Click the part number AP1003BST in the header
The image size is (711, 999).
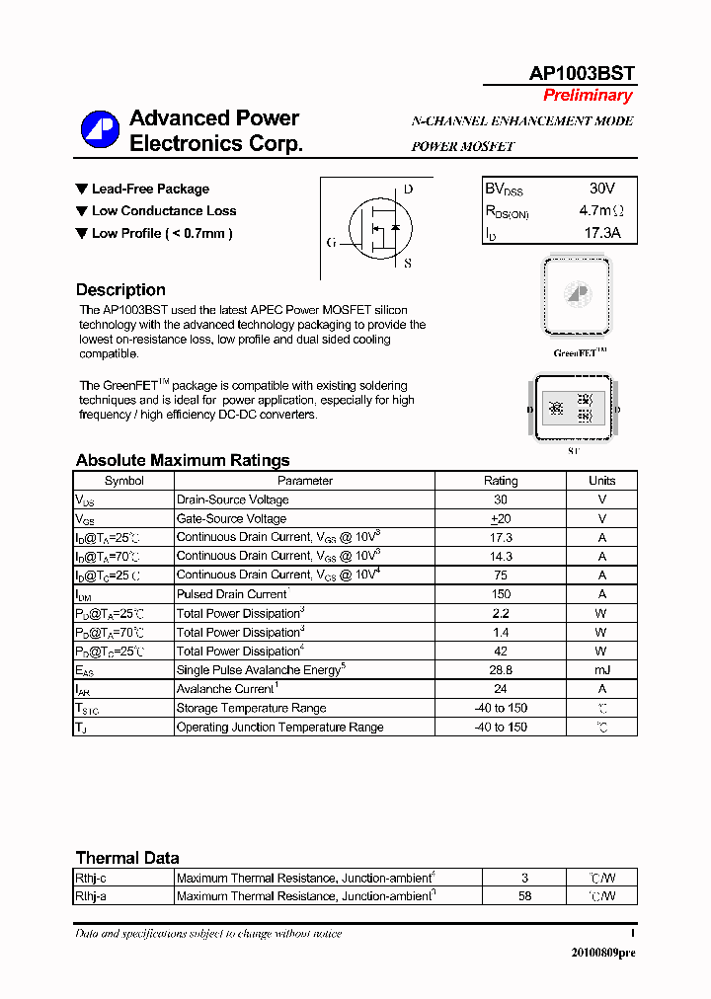coord(582,74)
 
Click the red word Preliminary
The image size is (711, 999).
coord(588,96)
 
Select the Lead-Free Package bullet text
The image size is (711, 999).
coord(150,189)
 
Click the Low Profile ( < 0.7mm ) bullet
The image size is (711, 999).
coord(162,234)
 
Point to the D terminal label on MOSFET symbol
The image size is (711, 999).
coord(408,190)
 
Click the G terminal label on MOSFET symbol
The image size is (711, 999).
coord(331,242)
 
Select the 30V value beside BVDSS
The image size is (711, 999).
coord(601,189)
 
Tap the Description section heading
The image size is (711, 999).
coord(120,290)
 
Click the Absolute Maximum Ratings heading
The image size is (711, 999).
coord(183,460)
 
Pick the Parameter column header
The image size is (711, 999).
coord(305,481)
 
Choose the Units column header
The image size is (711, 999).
coord(601,481)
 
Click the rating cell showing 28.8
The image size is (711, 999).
coord(501,669)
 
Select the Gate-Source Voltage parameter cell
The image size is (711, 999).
coord(231,518)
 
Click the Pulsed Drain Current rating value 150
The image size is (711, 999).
coord(501,594)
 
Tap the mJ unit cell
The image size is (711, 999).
coord(601,669)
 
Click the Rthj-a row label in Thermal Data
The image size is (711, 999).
coord(92,896)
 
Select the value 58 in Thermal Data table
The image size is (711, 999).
coord(524,896)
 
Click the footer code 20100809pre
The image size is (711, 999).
coord(603,953)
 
